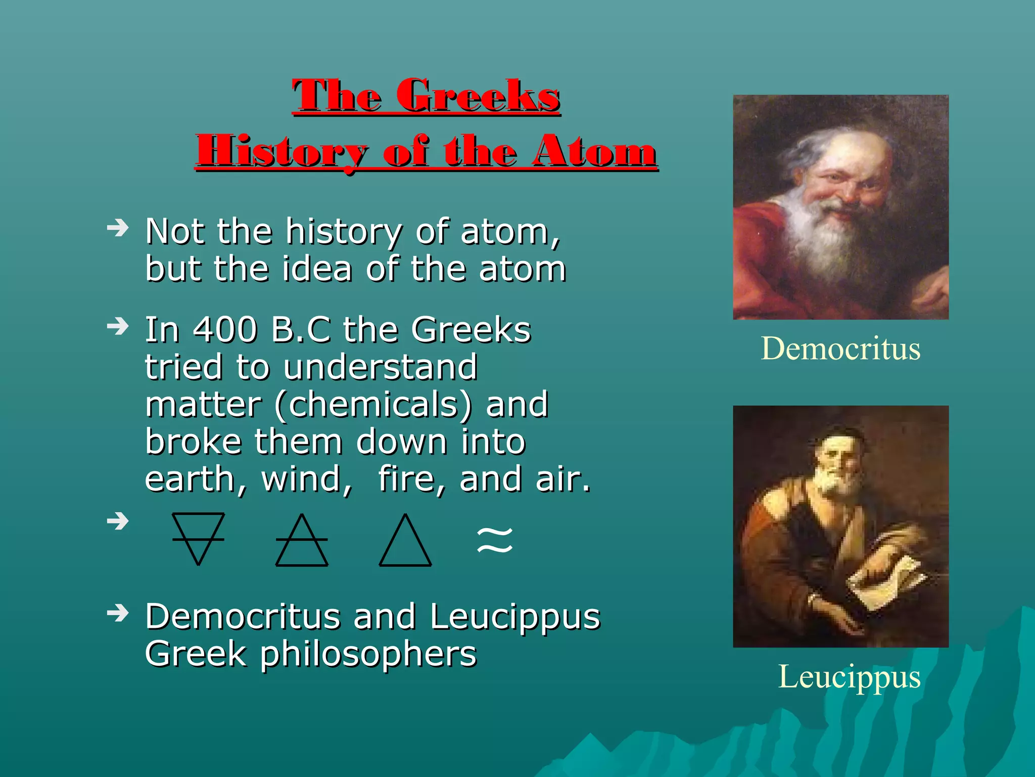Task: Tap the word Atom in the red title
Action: (x=594, y=151)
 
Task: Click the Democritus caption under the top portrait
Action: (x=840, y=349)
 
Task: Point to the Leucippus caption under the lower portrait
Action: (x=849, y=677)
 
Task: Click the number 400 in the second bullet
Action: (x=225, y=330)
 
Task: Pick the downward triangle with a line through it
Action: (x=198, y=537)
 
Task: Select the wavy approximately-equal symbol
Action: (x=495, y=540)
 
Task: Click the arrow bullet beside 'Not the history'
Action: (x=118, y=229)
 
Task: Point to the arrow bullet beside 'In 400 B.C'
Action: (x=118, y=327)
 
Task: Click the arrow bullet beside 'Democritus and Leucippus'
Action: (x=118, y=613)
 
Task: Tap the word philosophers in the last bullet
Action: (x=368, y=654)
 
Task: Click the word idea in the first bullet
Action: (x=316, y=269)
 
